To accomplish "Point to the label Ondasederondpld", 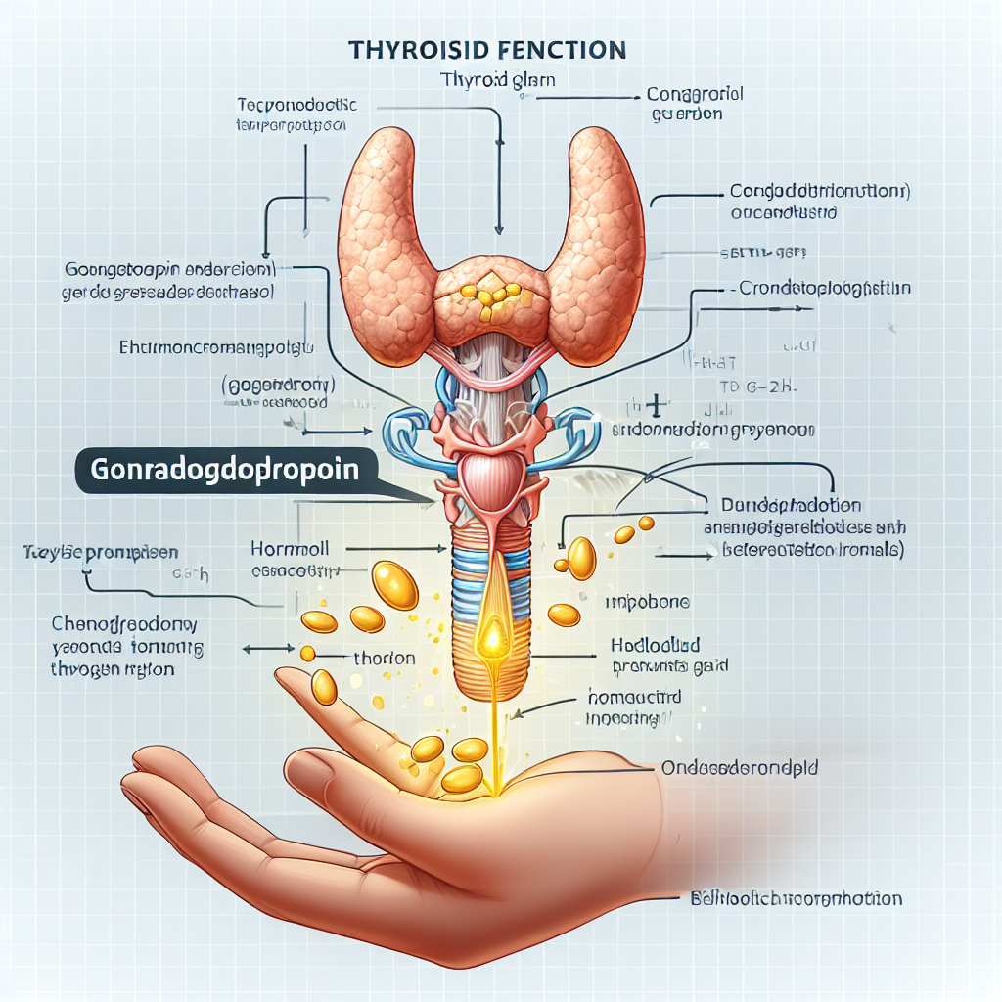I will [x=740, y=769].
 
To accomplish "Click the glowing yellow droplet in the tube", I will [x=492, y=641].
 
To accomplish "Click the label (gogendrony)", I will [x=273, y=385].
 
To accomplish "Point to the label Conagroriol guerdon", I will [x=696, y=105].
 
